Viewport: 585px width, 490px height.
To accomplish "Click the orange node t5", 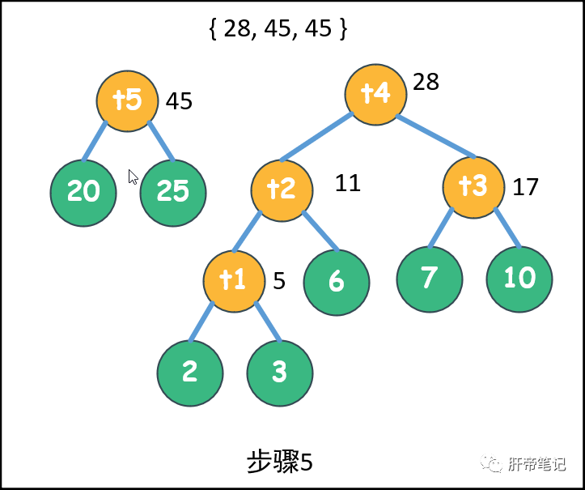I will (x=127, y=100).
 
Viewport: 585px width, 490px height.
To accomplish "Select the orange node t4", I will (x=375, y=94).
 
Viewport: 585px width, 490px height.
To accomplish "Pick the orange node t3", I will (x=473, y=186).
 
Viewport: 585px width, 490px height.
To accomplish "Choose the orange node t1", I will (x=234, y=280).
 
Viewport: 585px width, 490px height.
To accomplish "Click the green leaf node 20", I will (x=83, y=191).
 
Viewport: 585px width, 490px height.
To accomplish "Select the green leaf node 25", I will (x=173, y=191).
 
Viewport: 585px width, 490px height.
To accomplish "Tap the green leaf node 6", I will (x=337, y=281).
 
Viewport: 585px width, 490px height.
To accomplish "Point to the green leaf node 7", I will (x=429, y=278).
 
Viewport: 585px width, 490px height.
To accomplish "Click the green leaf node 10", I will (x=519, y=278).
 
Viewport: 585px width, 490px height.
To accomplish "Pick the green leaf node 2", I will (x=190, y=372).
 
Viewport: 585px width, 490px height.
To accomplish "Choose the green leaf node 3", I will (x=280, y=372).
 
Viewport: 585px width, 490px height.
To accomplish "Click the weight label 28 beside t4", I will (x=426, y=82).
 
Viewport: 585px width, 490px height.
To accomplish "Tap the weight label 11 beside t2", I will (x=347, y=183).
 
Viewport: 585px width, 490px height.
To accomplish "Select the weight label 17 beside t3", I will (x=526, y=187).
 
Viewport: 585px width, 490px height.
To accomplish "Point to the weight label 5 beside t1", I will (x=279, y=281).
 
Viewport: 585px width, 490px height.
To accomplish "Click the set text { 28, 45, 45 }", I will (x=278, y=29).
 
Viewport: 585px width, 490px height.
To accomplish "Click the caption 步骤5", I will (x=279, y=462).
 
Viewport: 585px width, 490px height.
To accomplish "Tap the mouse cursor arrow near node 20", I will (x=133, y=177).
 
